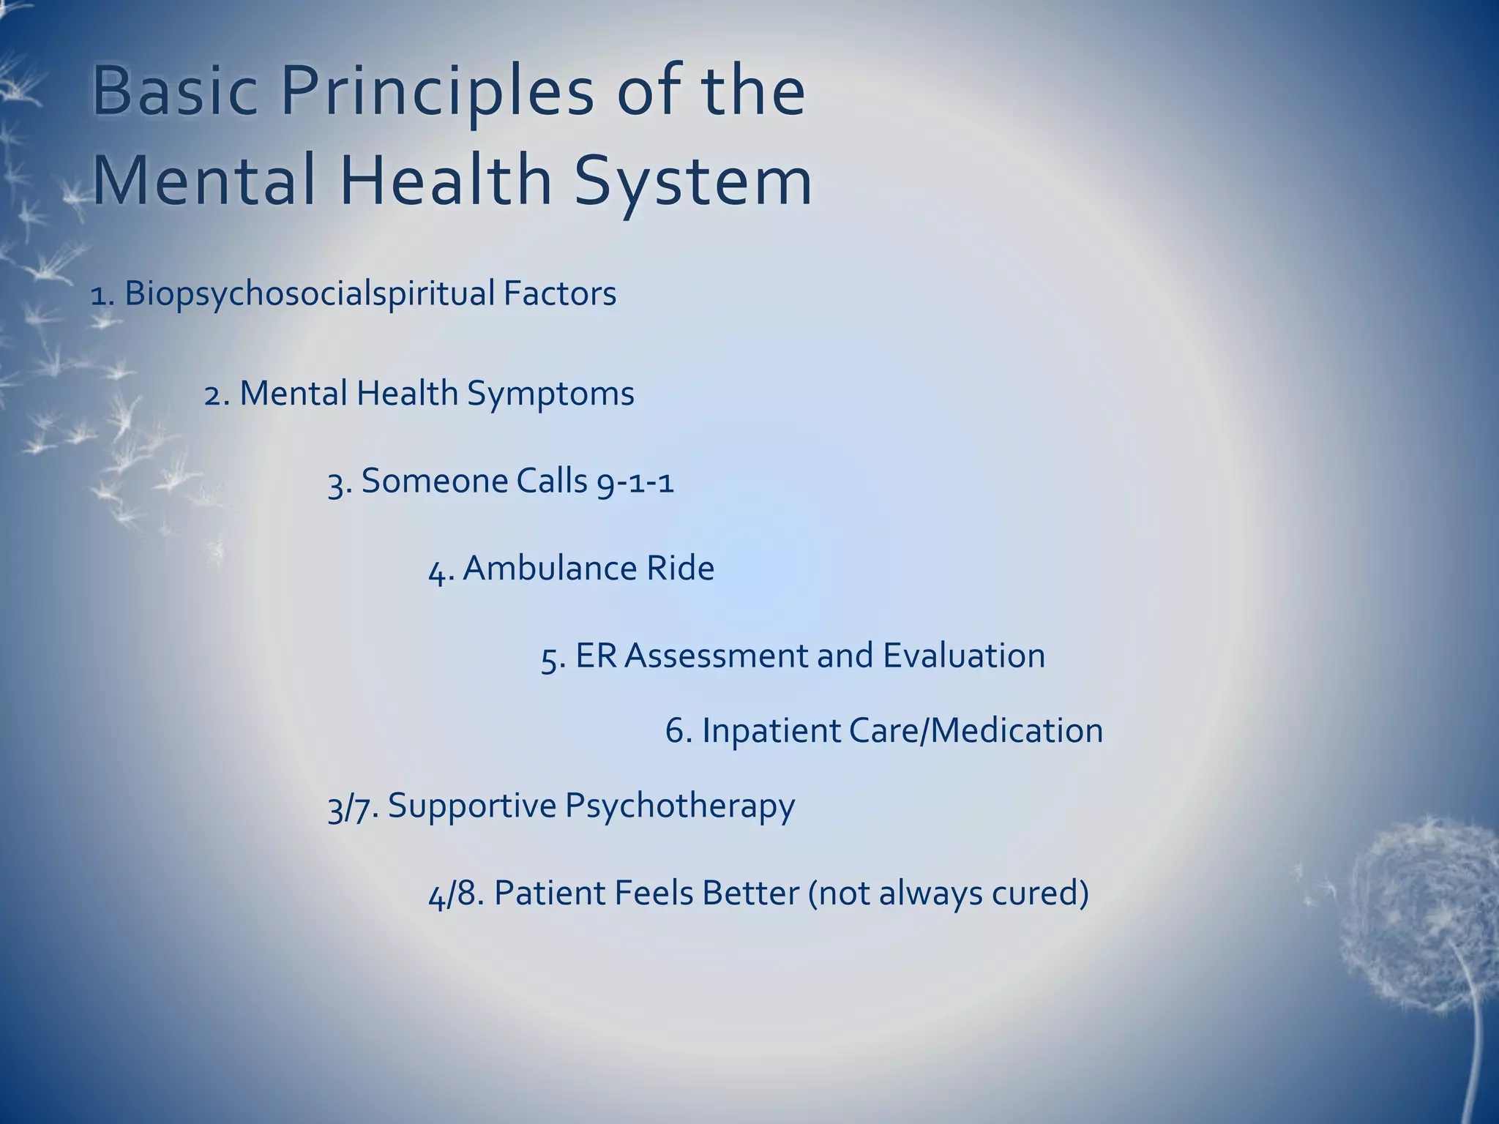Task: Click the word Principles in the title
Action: [x=437, y=93]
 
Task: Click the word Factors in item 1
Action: [x=560, y=293]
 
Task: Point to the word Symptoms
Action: [x=550, y=394]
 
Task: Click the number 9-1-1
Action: [x=635, y=482]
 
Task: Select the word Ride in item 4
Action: [x=680, y=569]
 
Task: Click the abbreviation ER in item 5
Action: [x=596, y=656]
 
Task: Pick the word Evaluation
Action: [x=964, y=656]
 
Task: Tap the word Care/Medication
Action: [x=976, y=731]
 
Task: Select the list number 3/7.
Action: [x=351, y=807]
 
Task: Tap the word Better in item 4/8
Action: [x=750, y=893]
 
